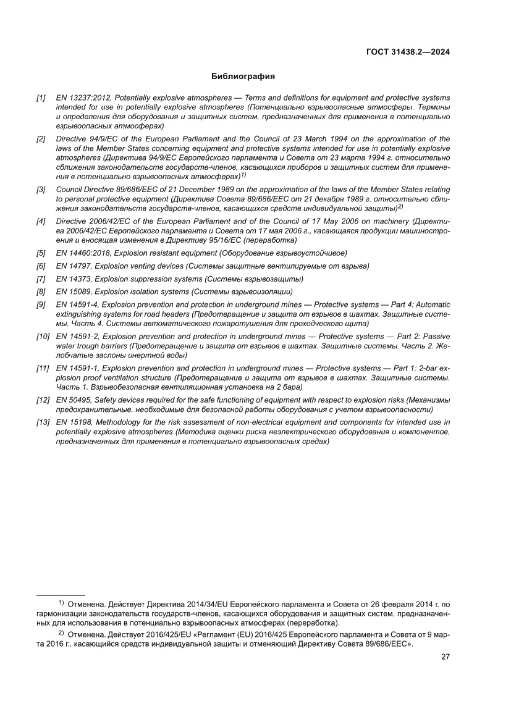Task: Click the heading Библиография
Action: point(243,77)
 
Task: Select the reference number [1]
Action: point(41,98)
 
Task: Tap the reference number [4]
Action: point(41,221)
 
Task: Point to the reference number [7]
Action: point(41,279)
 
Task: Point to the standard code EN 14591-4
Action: point(77,304)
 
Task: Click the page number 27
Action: point(445,657)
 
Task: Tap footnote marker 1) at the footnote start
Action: point(61,602)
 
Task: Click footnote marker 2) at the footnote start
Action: point(61,634)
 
